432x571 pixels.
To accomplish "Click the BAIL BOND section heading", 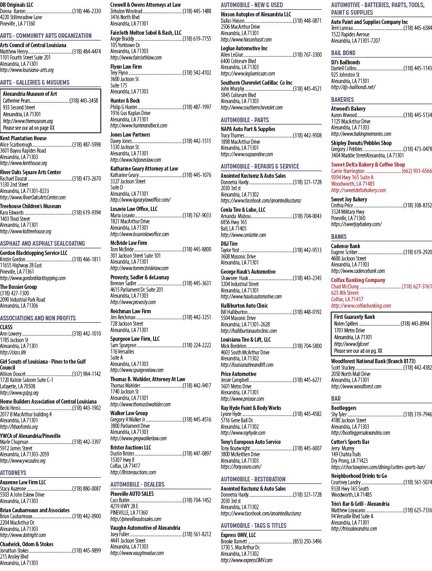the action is [343, 53].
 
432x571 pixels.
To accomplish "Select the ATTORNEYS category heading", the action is [13, 473].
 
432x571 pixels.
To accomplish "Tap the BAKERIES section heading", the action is [342, 99].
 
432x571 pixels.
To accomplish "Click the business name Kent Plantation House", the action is [23, 138].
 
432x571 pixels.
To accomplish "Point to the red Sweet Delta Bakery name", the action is [368, 164].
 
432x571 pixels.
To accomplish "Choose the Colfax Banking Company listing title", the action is [358, 280].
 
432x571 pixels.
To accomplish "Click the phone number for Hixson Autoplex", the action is [307, 21].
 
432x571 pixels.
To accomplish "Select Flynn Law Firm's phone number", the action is [197, 73].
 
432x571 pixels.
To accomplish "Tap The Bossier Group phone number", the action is [14, 293].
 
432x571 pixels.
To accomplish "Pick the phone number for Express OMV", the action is [307, 541].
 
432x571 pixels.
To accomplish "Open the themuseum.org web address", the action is [28, 121].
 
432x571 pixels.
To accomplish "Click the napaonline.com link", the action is [247, 154].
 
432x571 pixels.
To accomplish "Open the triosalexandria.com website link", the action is [354, 529].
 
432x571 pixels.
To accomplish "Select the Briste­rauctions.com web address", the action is [133, 472].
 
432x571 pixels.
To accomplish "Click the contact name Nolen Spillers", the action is [346, 324].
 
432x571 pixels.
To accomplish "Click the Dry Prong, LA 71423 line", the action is [350, 461].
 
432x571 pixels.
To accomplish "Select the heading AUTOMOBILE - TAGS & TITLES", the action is [254, 525].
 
